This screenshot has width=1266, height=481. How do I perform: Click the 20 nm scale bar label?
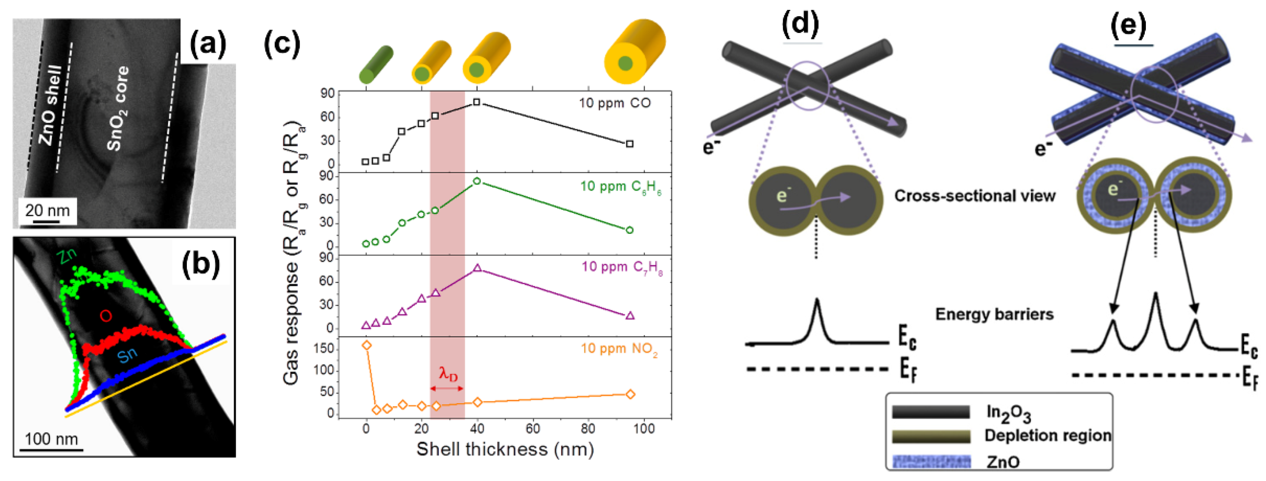tap(48, 210)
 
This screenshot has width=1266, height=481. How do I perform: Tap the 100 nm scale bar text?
tap(51, 438)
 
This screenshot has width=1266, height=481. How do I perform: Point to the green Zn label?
tap(67, 256)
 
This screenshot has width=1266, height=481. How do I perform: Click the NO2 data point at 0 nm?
tap(366, 345)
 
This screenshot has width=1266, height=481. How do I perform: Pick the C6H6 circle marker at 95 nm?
tap(630, 230)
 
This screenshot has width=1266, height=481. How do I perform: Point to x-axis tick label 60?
tap(533, 429)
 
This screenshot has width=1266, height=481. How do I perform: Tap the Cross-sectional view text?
tap(974, 196)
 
